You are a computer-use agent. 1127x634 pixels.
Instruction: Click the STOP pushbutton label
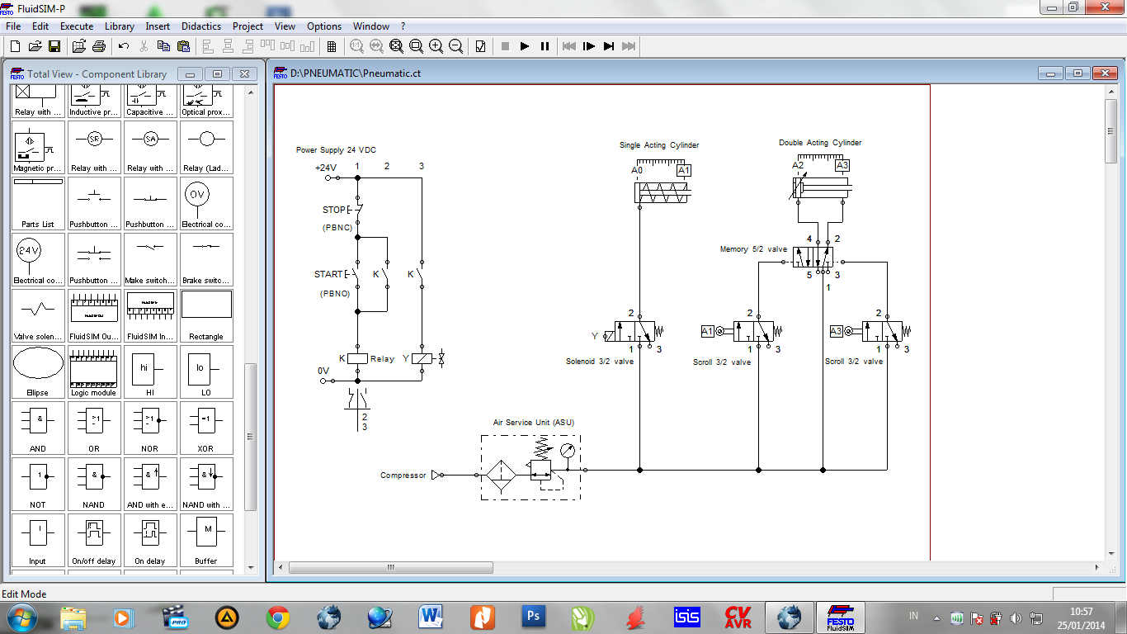(334, 210)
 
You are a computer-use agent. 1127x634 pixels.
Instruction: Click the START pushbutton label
(328, 274)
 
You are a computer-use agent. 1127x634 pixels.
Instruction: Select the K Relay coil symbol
(357, 358)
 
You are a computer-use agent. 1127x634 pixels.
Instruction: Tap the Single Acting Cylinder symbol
(663, 192)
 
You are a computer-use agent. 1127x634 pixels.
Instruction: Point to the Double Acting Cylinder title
(820, 143)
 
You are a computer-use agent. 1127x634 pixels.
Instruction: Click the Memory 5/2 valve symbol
(813, 256)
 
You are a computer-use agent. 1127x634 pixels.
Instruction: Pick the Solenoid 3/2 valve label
(600, 362)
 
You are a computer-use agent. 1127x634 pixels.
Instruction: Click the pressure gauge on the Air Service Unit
(566, 451)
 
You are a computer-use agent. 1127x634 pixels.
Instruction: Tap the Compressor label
(403, 475)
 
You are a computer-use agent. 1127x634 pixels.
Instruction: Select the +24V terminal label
(325, 167)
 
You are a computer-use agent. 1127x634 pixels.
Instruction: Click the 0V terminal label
(323, 371)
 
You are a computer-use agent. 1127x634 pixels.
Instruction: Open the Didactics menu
(201, 26)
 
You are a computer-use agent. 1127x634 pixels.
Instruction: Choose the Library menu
(120, 26)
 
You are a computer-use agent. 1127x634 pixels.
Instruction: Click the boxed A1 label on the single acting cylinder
(683, 170)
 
